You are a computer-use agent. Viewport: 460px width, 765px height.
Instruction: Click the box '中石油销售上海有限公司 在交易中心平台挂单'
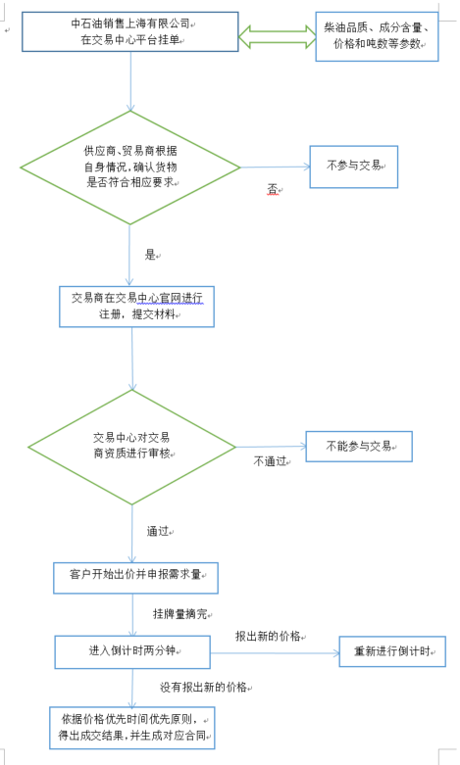point(130,31)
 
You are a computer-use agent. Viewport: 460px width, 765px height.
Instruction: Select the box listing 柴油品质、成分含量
point(377,36)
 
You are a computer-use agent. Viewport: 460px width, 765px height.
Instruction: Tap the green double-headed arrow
point(277,37)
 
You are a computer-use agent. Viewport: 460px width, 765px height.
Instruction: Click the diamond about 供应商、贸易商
point(130,167)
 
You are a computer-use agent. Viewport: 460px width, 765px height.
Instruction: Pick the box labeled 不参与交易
point(354,167)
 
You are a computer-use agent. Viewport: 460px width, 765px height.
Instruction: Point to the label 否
point(273,189)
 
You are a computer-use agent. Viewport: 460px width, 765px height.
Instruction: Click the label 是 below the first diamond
point(150,255)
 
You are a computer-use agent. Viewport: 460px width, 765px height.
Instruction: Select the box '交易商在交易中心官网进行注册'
point(136,307)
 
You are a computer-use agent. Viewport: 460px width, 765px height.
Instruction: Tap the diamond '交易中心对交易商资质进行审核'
point(131,447)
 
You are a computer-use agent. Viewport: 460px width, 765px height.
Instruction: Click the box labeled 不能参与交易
point(359,447)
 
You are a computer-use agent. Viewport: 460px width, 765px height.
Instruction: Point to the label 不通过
point(270,461)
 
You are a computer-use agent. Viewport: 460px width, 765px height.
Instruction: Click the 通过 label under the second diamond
point(158,531)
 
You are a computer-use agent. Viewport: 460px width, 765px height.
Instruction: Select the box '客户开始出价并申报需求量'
point(135,578)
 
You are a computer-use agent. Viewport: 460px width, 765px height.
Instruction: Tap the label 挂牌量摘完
point(180,614)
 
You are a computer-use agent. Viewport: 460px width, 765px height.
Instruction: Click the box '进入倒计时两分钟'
point(132,651)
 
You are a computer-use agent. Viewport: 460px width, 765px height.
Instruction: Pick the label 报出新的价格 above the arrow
point(268,637)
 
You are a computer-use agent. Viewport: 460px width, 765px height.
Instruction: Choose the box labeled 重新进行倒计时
point(392,651)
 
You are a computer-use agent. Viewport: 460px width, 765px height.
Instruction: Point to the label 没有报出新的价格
point(204,688)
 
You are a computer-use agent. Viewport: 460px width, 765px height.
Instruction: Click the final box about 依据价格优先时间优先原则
point(131,728)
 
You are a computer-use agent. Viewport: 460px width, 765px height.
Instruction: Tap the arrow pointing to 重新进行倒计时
point(275,652)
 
